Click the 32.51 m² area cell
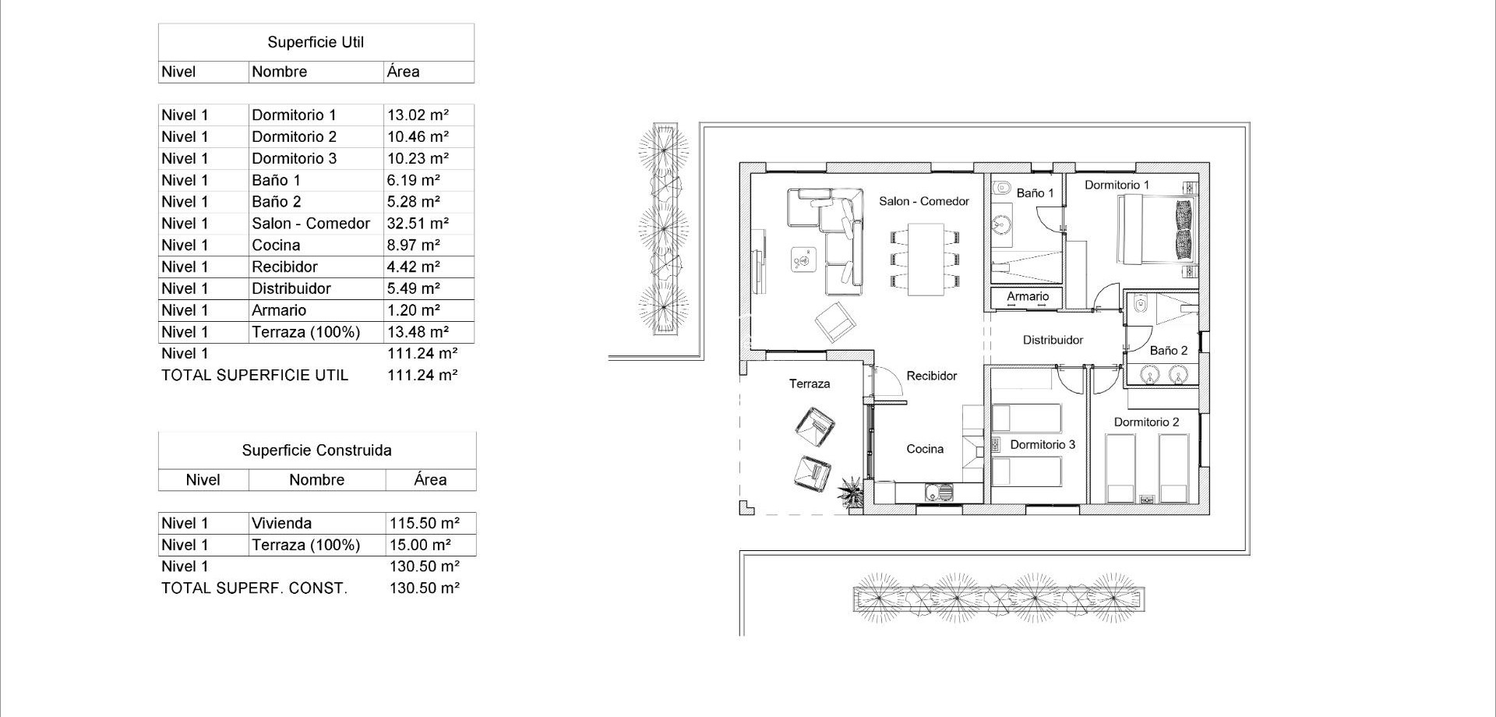pyautogui.click(x=418, y=224)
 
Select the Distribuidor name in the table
pyautogui.click(x=291, y=288)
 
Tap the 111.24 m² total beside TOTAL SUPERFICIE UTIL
pyautogui.click(x=422, y=375)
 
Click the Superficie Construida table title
pyautogui.click(x=316, y=450)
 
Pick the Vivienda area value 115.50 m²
pyautogui.click(x=424, y=523)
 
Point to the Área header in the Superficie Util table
pyautogui.click(x=404, y=72)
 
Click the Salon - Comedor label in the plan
pyautogui.click(x=923, y=201)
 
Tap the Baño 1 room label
pyautogui.click(x=1035, y=192)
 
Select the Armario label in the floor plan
pyautogui.click(x=1027, y=296)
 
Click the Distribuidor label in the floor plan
pyautogui.click(x=1053, y=340)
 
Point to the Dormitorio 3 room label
pyautogui.click(x=1042, y=444)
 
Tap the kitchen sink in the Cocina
pyautogui.click(x=937, y=493)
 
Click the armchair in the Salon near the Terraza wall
pyautogui.click(x=834, y=321)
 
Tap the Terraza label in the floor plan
pyautogui.click(x=809, y=383)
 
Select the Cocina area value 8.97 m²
pyautogui.click(x=414, y=245)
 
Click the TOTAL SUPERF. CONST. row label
pyautogui.click(x=254, y=588)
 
